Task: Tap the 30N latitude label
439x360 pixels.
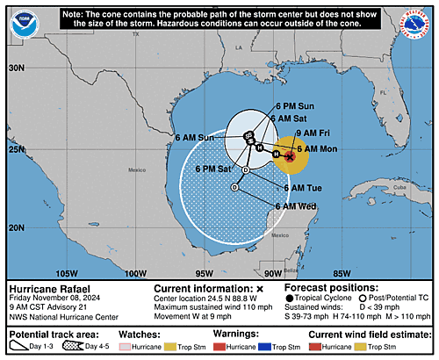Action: point(15,68)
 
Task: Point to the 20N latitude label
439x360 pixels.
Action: point(15,227)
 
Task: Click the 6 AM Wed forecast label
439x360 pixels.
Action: point(296,205)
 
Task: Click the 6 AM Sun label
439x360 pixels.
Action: point(194,138)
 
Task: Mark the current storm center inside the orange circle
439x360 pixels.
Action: point(290,155)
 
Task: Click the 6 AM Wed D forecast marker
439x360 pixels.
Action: point(234,188)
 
